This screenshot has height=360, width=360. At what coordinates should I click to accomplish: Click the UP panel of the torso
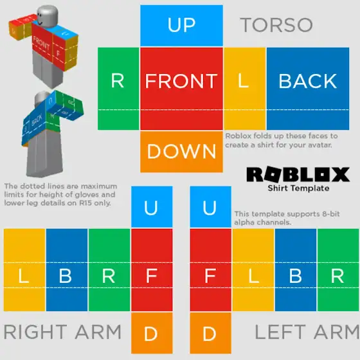tap(181, 26)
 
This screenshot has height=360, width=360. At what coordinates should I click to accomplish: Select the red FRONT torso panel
tap(181, 89)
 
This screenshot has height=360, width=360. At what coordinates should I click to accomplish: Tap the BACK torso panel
tap(308, 89)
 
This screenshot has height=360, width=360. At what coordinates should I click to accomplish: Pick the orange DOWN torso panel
tap(181, 152)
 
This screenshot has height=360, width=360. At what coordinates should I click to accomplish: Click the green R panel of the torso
tap(118, 89)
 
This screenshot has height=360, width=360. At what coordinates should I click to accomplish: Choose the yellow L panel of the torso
tap(245, 89)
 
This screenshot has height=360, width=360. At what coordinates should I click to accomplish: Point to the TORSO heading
tap(276, 25)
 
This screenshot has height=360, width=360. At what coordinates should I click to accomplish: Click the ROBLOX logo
tap(298, 174)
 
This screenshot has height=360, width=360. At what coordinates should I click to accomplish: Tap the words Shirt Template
tap(298, 188)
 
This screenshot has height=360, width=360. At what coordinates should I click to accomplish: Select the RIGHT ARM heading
tap(62, 332)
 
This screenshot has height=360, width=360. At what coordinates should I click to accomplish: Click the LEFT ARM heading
tap(307, 332)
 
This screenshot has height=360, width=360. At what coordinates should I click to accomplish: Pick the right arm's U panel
tap(152, 207)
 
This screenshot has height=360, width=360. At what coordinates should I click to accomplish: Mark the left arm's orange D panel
tap(211, 333)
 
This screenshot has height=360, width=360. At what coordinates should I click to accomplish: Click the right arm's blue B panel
tap(67, 270)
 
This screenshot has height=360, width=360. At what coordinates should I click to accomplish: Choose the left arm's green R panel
tap(338, 270)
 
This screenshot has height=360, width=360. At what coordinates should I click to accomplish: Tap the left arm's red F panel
tap(211, 270)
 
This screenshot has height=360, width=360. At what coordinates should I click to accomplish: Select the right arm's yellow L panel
tap(24, 270)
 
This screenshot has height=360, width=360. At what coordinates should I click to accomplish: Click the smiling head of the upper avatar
tap(48, 15)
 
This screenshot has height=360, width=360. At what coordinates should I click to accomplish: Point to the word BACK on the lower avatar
tap(37, 120)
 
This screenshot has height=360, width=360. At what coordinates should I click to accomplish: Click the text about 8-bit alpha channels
tap(287, 218)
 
